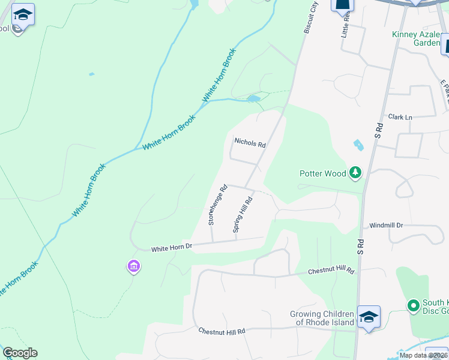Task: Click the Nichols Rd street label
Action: click(250, 143)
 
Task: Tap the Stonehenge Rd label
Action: click(217, 205)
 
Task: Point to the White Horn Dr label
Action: click(171, 248)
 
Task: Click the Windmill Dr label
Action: click(386, 226)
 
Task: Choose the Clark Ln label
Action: click(400, 117)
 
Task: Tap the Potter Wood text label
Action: click(323, 173)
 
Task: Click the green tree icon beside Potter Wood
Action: click(355, 173)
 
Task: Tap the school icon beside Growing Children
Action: click(369, 316)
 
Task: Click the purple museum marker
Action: click(134, 266)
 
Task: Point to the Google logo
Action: click(20, 353)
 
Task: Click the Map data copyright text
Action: click(423, 355)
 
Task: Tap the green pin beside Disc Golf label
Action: click(413, 306)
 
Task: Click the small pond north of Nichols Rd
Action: click(254, 98)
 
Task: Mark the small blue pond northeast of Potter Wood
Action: click(358, 145)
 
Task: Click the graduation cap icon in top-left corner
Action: click(23, 14)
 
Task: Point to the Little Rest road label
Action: click(346, 28)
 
